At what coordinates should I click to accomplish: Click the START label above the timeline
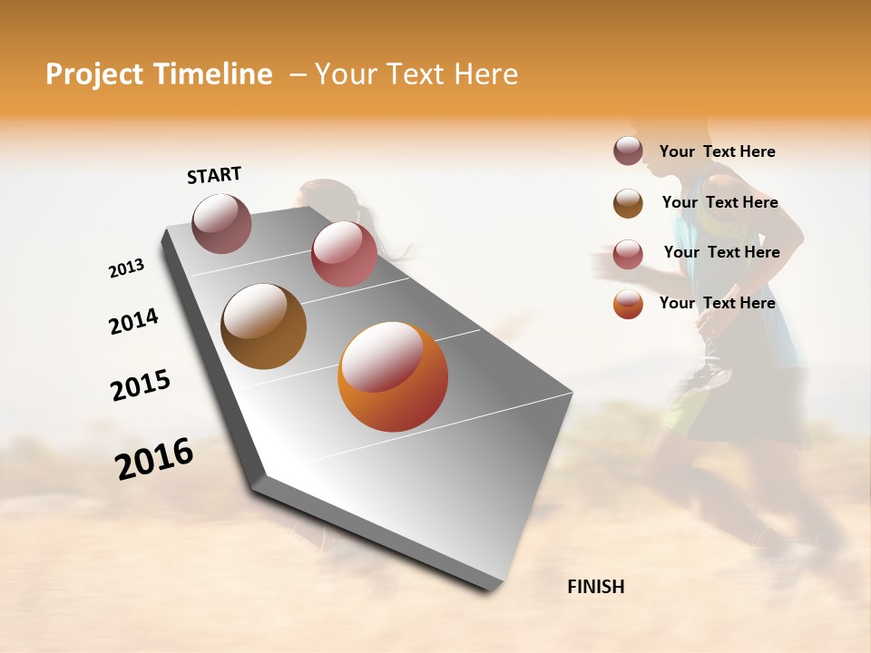pos(214,175)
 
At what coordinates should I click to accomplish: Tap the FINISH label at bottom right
pos(595,587)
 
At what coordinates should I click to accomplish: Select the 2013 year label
pos(126,268)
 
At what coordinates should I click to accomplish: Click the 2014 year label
pos(133,322)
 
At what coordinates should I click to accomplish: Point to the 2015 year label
pos(140,385)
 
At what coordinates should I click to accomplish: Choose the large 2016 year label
pos(154,459)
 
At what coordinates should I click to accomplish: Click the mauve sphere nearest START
pos(221,224)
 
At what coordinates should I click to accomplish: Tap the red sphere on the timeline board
pos(344,254)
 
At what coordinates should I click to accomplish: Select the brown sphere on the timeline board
pos(263,326)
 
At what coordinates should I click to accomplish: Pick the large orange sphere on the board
pos(393,376)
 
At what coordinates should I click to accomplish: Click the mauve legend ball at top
pos(628,151)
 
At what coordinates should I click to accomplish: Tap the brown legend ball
pos(628,203)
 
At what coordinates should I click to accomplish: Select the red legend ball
pos(628,254)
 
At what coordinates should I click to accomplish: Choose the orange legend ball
pos(628,304)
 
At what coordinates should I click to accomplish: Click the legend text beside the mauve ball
pos(717,151)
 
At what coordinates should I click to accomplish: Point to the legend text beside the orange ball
pos(717,303)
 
